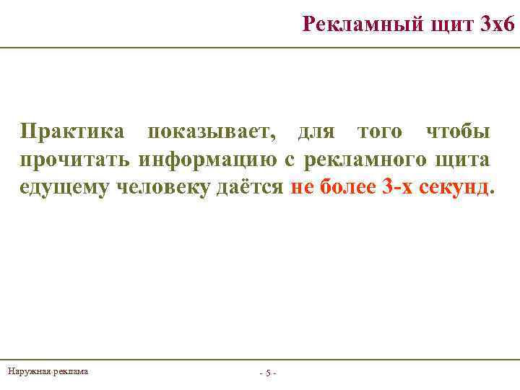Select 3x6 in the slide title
497,24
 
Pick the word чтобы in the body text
458,132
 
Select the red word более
344,188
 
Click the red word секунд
454,188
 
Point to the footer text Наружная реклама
48,371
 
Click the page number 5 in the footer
267,373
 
